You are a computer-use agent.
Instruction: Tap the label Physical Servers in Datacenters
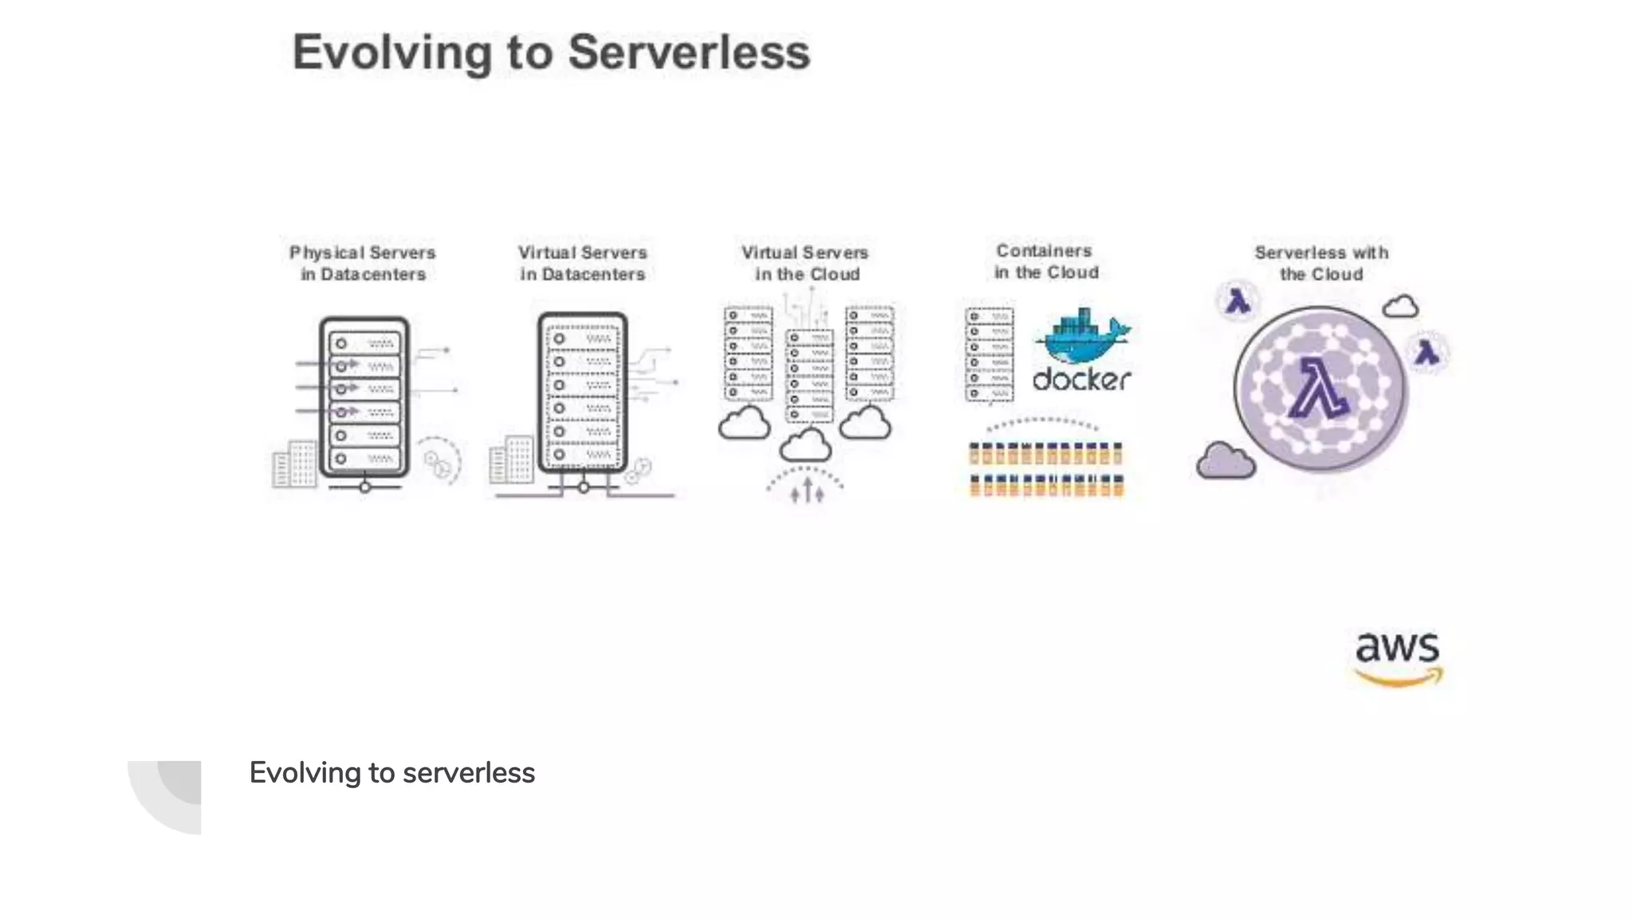pos(363,263)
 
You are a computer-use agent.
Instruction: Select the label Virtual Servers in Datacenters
pos(582,263)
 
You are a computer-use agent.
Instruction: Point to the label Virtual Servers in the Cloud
pos(805,263)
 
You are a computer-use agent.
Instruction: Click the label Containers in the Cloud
pos(1045,262)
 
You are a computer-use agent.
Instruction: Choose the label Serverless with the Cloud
pos(1321,263)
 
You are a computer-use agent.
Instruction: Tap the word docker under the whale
pos(1081,380)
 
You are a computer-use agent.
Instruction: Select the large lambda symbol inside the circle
pos(1317,389)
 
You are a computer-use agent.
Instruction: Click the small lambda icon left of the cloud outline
pos(1238,302)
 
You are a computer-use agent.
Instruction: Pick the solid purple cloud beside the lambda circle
pos(1226,460)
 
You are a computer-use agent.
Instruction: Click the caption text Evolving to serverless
pos(392,773)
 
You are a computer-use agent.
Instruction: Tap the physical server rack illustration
pos(364,396)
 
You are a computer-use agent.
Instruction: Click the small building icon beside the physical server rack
pos(294,463)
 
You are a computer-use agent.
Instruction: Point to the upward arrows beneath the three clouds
pos(806,490)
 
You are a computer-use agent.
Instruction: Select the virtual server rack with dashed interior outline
pos(582,392)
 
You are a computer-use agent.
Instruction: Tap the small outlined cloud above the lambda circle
pos(1400,306)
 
